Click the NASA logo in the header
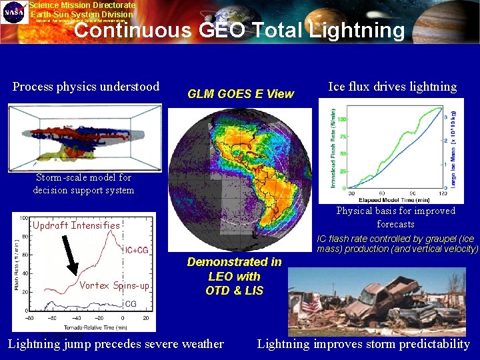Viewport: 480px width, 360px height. (x=14, y=13)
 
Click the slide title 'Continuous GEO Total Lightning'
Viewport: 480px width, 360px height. (x=244, y=31)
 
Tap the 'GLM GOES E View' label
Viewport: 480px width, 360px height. (x=240, y=94)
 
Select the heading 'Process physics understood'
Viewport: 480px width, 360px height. (x=86, y=87)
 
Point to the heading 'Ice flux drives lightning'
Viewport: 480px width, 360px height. (x=393, y=87)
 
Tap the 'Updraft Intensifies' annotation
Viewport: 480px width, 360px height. (x=76, y=225)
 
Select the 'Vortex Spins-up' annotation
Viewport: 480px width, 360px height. (x=114, y=285)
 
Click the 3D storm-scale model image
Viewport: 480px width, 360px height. (x=85, y=138)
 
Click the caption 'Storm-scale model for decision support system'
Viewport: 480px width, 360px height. (x=83, y=184)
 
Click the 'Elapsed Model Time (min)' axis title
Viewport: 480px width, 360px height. (x=392, y=198)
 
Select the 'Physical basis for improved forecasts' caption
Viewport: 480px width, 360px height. (x=395, y=217)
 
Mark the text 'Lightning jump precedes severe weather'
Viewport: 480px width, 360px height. (x=115, y=344)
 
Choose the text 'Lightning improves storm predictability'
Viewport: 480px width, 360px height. (x=363, y=344)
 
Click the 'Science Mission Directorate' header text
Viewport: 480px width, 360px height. (x=82, y=5)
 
